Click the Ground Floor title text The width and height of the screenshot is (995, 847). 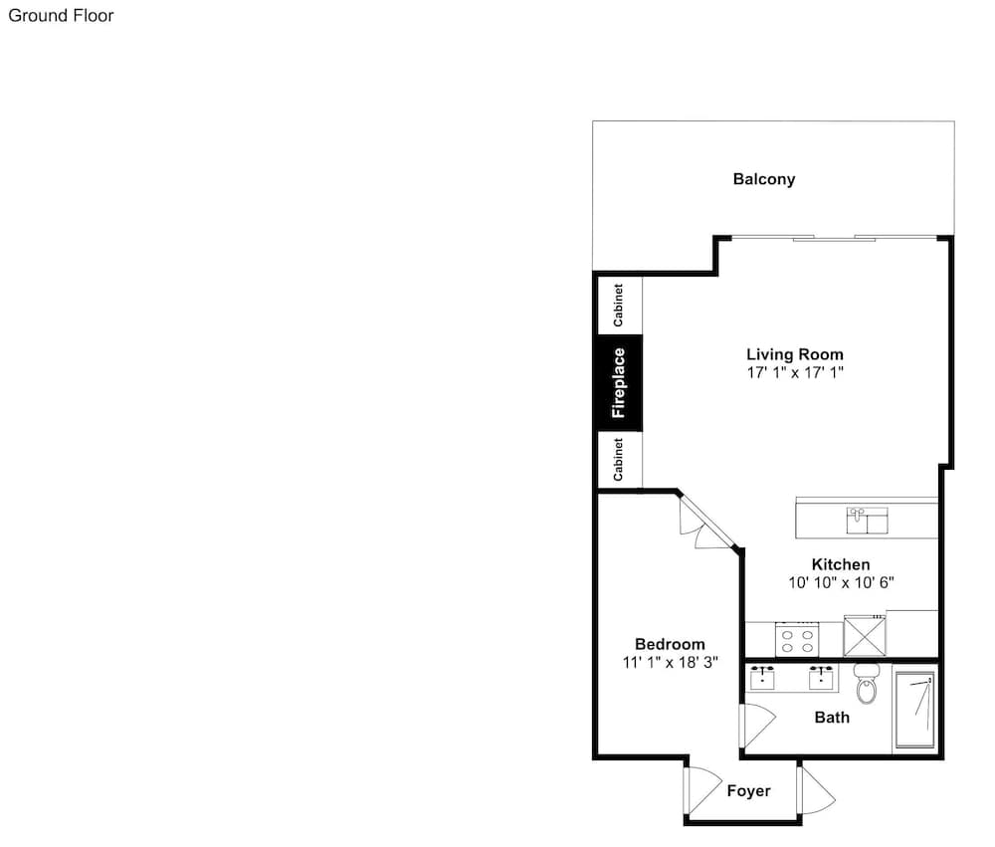click(x=61, y=16)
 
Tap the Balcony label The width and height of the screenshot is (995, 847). click(x=764, y=180)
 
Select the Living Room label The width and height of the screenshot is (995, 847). click(x=795, y=355)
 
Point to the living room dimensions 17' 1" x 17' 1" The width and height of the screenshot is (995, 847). click(x=795, y=372)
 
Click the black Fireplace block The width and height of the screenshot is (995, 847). click(x=619, y=383)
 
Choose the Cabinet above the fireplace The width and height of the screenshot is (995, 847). click(x=620, y=306)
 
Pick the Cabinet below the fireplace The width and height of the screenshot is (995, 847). click(x=620, y=460)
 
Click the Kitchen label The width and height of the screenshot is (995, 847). click(x=841, y=564)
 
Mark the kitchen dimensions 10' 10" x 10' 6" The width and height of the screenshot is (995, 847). click(x=841, y=582)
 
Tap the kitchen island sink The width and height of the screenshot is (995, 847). click(x=867, y=521)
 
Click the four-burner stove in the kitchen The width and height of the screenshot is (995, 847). click(x=797, y=640)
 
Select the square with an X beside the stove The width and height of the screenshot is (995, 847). click(x=864, y=636)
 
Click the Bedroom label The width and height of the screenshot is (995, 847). click(x=670, y=645)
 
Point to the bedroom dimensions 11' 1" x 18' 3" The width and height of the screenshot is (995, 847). click(x=670, y=662)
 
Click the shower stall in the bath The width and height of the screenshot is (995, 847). click(x=914, y=710)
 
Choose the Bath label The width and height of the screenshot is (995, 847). click(x=832, y=718)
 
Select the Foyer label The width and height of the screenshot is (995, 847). click(x=749, y=791)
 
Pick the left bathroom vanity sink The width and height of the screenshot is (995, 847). click(x=762, y=678)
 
